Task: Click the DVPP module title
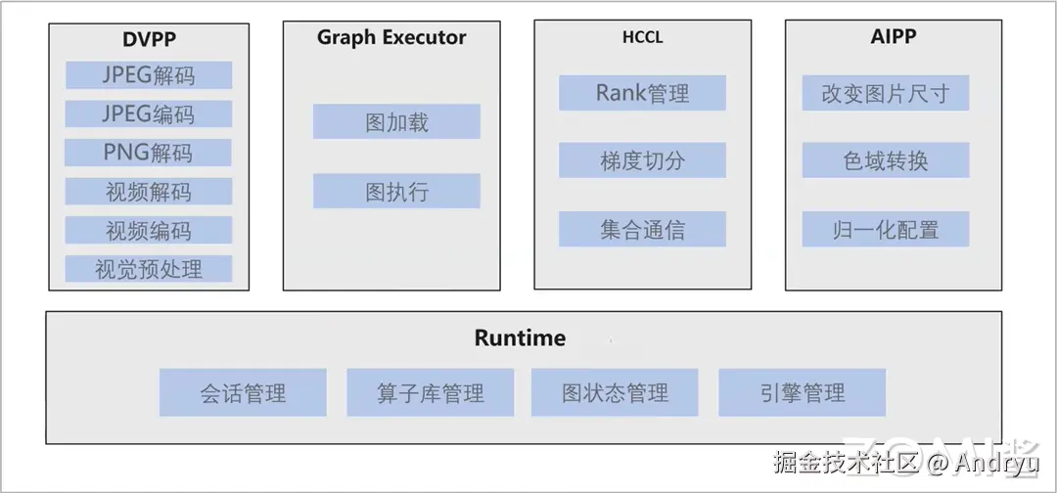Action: coord(149,40)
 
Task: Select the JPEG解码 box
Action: coord(149,75)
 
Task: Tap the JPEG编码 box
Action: coord(149,113)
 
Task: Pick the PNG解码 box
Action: coord(149,153)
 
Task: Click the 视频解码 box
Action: coord(149,192)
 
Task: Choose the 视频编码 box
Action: coord(149,231)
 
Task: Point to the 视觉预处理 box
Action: coord(149,269)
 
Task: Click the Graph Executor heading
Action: coord(391,38)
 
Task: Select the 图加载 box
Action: coord(396,122)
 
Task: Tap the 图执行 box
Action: coord(396,192)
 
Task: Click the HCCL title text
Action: coord(642,39)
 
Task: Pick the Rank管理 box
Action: coord(642,94)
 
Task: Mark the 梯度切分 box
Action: coord(642,161)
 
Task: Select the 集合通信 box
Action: coord(642,230)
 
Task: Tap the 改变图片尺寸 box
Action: coord(886,94)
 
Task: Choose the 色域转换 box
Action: coord(886,160)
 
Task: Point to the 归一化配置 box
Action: coord(886,230)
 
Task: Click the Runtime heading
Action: coord(520,338)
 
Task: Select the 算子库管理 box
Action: coord(430,394)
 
